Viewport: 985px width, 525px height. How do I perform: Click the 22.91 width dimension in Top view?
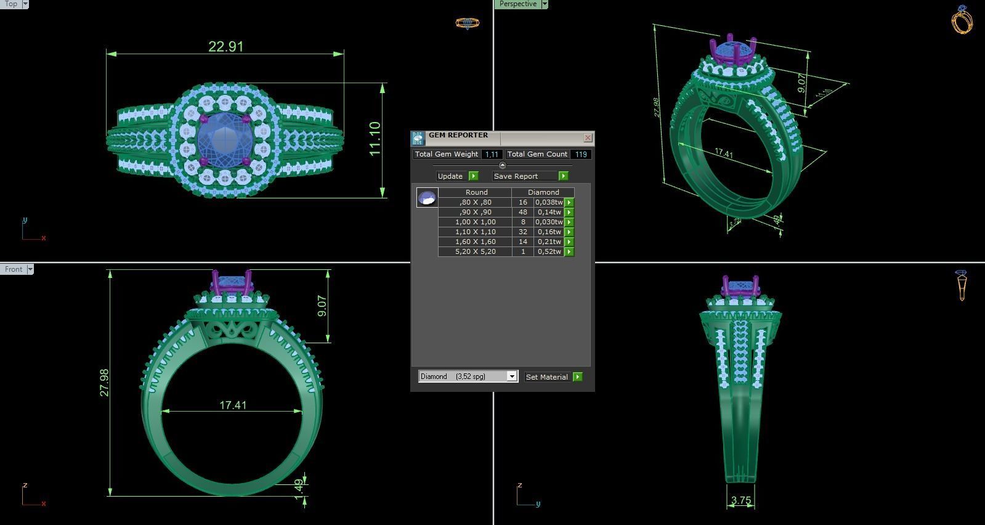(x=225, y=47)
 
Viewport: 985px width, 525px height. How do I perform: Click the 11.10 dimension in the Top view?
(x=375, y=139)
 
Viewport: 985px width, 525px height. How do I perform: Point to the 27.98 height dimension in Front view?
(x=104, y=382)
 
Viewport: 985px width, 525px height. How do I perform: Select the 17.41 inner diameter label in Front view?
(x=233, y=405)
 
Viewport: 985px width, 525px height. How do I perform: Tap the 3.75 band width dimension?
(x=740, y=500)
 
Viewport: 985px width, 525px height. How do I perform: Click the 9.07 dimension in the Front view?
(x=322, y=306)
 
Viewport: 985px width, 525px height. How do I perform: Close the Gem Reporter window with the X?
(x=588, y=137)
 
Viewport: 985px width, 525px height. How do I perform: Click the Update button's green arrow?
(x=474, y=176)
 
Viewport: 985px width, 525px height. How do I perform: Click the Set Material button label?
(x=546, y=377)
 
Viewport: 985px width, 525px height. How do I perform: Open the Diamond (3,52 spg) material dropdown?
(x=511, y=376)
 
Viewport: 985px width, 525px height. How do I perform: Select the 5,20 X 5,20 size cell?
(x=475, y=251)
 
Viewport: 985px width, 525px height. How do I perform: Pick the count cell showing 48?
(x=523, y=212)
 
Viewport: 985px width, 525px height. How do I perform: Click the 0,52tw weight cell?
(x=548, y=251)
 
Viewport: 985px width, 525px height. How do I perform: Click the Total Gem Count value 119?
(x=581, y=154)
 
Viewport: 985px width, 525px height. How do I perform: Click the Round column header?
(x=476, y=192)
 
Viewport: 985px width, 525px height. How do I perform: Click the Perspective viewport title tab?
(x=517, y=4)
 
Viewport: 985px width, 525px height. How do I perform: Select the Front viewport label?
(x=14, y=269)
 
